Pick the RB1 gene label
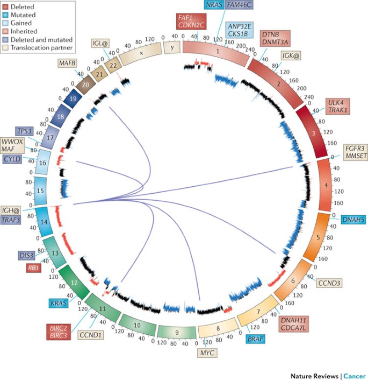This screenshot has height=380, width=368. click(x=30, y=268)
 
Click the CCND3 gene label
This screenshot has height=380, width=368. click(x=328, y=283)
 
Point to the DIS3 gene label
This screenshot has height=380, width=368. click(x=28, y=255)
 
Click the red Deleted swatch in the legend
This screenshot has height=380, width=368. click(x=6, y=7)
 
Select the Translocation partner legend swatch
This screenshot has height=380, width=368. click(x=6, y=47)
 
